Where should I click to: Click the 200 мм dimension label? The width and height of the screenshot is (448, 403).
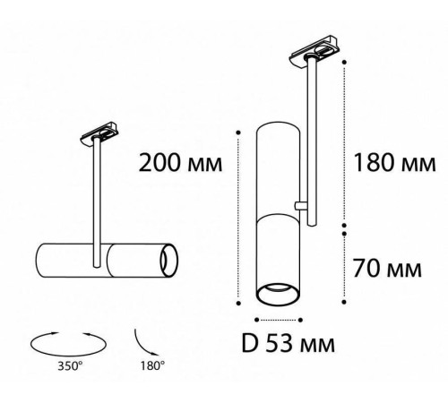pyautogui.click(x=180, y=163)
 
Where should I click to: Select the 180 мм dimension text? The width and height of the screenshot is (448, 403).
pyautogui.click(x=394, y=163)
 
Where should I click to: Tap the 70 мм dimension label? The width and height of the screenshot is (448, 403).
pyautogui.click(x=387, y=268)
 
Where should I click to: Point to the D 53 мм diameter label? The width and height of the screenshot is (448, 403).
pyautogui.click(x=288, y=343)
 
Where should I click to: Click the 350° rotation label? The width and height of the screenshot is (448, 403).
pyautogui.click(x=70, y=366)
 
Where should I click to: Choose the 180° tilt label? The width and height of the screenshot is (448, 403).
pyautogui.click(x=152, y=366)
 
